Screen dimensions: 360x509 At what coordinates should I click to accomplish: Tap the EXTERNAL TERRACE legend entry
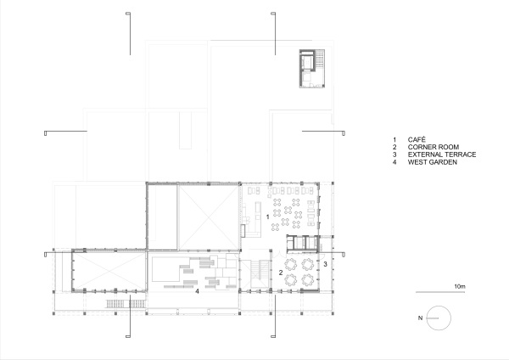(434, 155)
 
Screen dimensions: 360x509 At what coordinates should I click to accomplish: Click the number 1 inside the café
(268, 217)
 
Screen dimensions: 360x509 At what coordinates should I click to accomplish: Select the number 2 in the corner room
(281, 273)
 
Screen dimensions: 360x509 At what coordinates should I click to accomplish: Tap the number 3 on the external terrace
(325, 265)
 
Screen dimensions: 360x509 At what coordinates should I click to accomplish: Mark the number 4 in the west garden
(197, 291)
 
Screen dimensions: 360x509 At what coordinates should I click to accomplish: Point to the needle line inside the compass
(437, 318)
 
